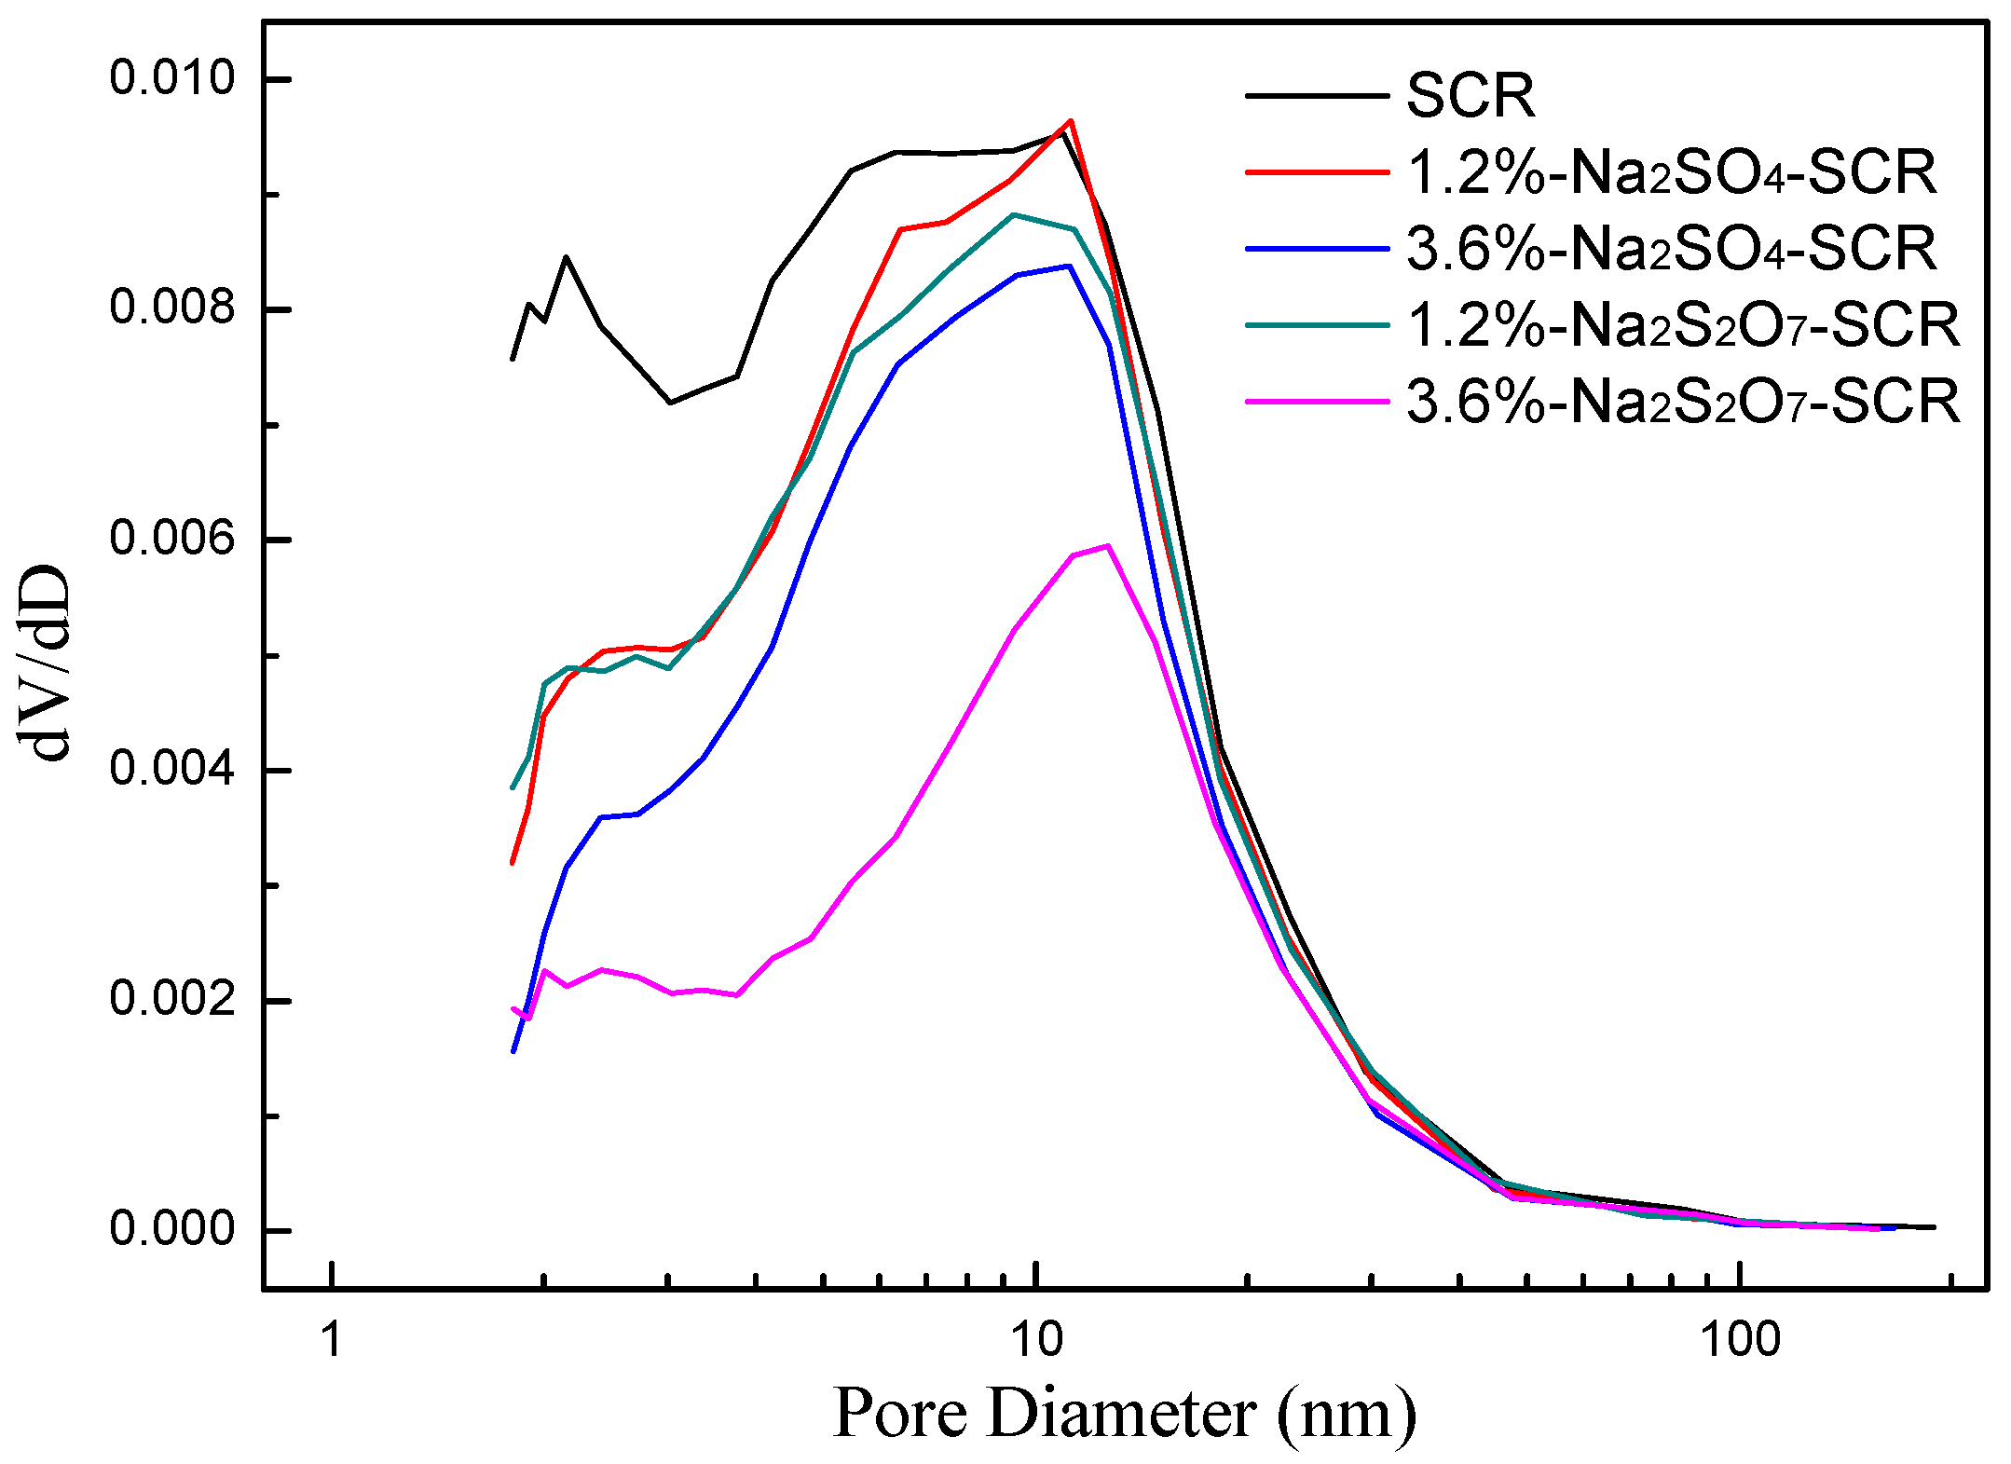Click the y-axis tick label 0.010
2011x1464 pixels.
(x=172, y=77)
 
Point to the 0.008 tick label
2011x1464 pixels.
(x=172, y=308)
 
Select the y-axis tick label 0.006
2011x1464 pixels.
(x=172, y=539)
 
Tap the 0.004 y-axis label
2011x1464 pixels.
(x=172, y=769)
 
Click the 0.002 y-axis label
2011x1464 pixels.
(x=172, y=999)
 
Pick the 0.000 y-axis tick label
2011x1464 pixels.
(x=172, y=1229)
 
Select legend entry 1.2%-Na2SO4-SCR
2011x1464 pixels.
(x=1671, y=172)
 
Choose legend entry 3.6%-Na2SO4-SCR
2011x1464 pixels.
(x=1671, y=249)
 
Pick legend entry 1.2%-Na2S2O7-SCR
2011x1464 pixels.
(x=1682, y=325)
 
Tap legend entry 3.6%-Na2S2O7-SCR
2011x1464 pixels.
(x=1682, y=402)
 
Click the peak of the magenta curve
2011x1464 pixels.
(x=1107, y=546)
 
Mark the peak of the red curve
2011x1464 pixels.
(x=1071, y=120)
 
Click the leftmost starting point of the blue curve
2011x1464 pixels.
(x=513, y=1052)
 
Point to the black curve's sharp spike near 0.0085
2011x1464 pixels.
(x=566, y=257)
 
